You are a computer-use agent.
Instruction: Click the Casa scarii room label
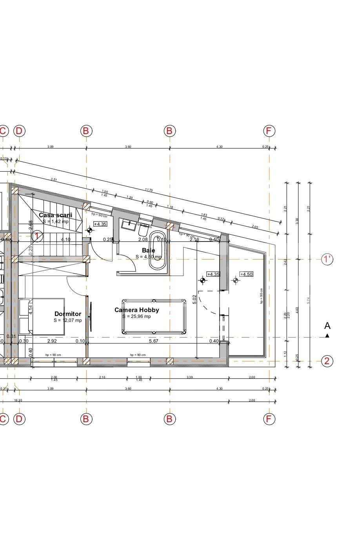point(55,215)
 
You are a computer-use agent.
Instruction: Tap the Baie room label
point(148,250)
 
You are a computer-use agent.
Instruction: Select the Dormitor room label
point(68,314)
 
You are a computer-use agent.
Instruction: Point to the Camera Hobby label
point(136,310)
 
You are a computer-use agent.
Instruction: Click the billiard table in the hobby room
point(154,317)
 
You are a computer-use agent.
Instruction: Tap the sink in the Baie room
point(129,225)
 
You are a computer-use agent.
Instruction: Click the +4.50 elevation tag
point(247,274)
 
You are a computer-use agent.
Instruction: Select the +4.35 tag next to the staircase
point(100,224)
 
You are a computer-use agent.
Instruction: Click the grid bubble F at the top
point(269,131)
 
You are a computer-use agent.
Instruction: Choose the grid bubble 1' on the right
point(327,259)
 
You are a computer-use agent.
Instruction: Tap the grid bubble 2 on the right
point(327,361)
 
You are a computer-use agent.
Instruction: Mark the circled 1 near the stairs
point(36,236)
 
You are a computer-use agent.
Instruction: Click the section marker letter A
point(327,326)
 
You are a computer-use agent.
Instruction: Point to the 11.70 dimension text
point(149,190)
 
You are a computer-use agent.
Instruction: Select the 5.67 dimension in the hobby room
point(154,341)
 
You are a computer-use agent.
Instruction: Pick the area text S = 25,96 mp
point(136,316)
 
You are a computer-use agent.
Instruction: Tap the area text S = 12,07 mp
point(68,320)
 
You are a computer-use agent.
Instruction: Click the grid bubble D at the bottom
point(19,419)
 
